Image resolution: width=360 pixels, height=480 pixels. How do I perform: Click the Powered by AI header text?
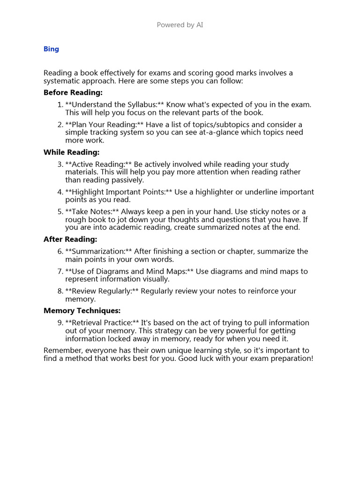pyautogui.click(x=180, y=25)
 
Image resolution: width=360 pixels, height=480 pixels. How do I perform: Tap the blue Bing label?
pyautogui.click(x=51, y=49)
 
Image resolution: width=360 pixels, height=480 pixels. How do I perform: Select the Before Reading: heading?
pyautogui.click(x=73, y=93)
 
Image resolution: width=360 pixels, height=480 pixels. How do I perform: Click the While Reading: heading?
pyautogui.click(x=71, y=152)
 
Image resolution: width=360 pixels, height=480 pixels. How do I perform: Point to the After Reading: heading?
pyautogui.click(x=70, y=240)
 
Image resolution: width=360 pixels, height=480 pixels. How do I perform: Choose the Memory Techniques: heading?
pyautogui.click(x=82, y=311)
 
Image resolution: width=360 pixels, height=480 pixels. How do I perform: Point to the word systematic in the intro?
pyautogui.click(x=61, y=81)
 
